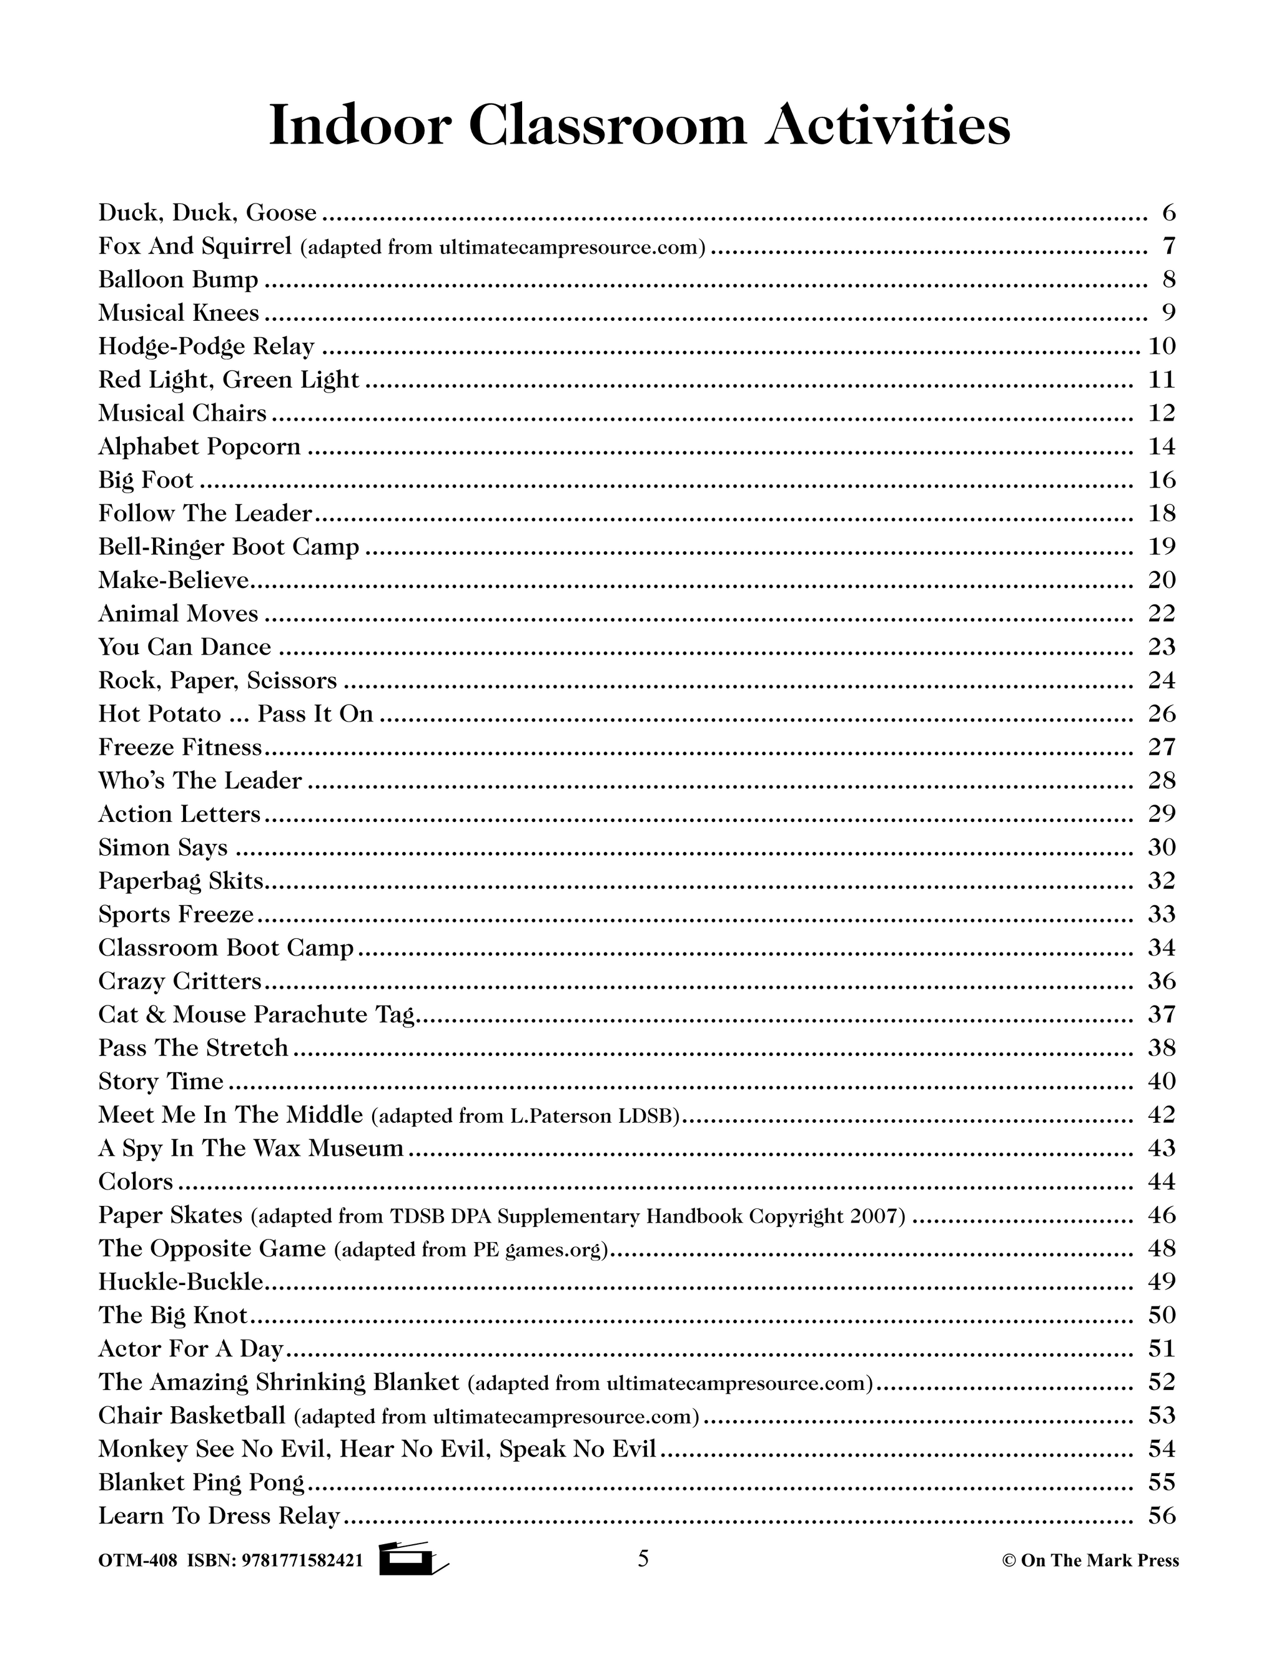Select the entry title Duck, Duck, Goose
tap(207, 213)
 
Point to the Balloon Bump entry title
tap(178, 280)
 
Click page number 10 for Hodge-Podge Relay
tap(1162, 347)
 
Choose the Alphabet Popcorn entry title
tap(199, 447)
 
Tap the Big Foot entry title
tap(146, 480)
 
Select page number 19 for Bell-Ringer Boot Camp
tap(1162, 547)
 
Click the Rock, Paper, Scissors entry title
tap(217, 681)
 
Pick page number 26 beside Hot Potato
tap(1162, 714)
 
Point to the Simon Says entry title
tap(163, 848)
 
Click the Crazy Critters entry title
tap(180, 982)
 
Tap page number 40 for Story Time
tap(1162, 1082)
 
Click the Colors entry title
tap(136, 1182)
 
